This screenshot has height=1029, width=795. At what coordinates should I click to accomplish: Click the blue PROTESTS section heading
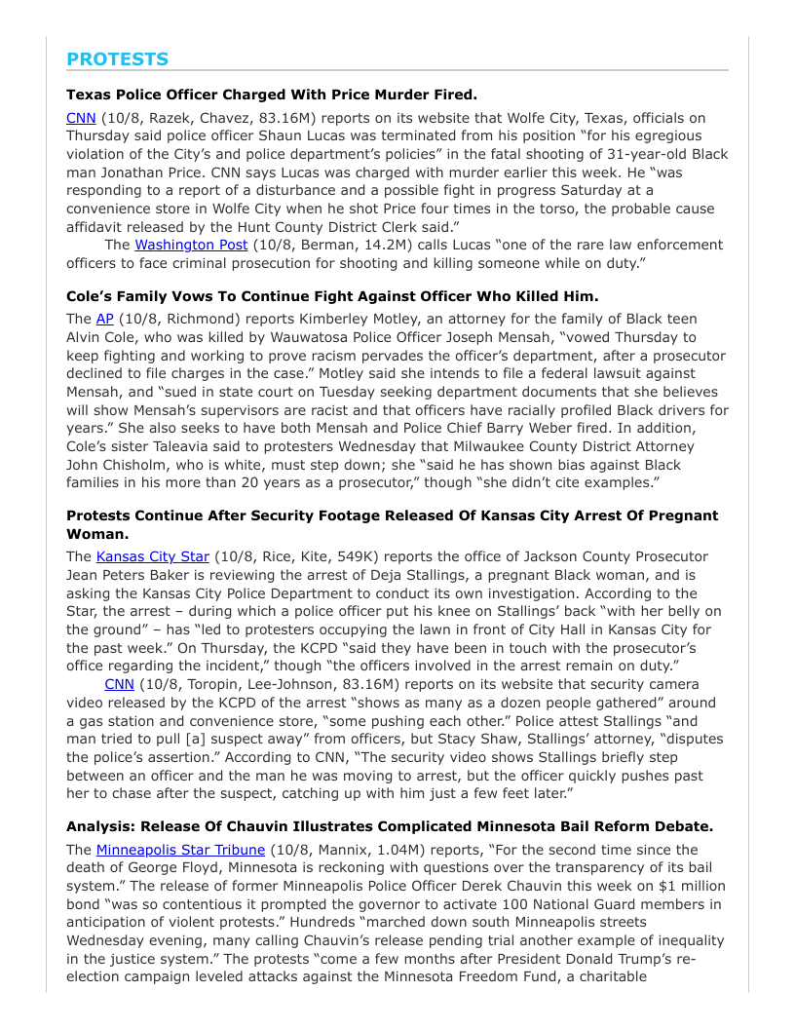pyautogui.click(x=117, y=59)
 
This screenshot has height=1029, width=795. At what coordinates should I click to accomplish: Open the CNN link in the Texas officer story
pyautogui.click(x=81, y=118)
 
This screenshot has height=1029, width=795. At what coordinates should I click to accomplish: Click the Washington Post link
pyautogui.click(x=191, y=245)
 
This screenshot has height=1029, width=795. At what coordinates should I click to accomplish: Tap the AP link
pyautogui.click(x=105, y=319)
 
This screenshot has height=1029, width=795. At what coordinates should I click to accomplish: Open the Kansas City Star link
pyautogui.click(x=153, y=556)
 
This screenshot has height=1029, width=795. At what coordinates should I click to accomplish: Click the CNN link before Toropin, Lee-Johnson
pyautogui.click(x=119, y=684)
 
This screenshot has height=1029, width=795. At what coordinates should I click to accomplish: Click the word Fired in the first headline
pyautogui.click(x=451, y=95)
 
